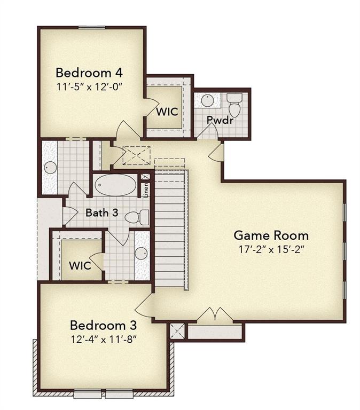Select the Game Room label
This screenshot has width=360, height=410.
pyautogui.click(x=271, y=235)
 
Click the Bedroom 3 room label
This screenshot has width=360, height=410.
pyautogui.click(x=104, y=325)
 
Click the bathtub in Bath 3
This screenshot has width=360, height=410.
pyautogui.click(x=115, y=186)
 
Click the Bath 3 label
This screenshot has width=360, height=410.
pyautogui.click(x=101, y=212)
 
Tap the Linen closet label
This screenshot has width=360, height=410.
pyautogui.click(x=145, y=190)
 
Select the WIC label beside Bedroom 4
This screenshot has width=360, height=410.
pyautogui.click(x=167, y=112)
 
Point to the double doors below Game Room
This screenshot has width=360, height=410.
pyautogui.click(x=215, y=314)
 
